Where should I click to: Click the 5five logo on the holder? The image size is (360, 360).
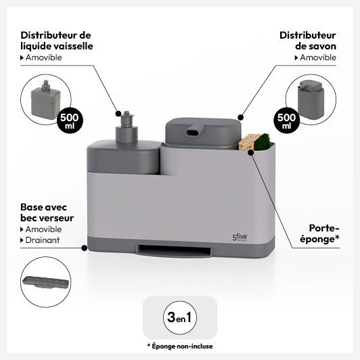pyautogui.click(x=240, y=238)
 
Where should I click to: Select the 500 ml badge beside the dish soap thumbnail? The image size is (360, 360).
pyautogui.click(x=70, y=120)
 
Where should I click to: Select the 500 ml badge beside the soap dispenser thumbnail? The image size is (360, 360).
pyautogui.click(x=286, y=120)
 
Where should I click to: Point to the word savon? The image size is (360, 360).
pyautogui.click(x=323, y=46)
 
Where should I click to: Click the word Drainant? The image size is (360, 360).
pyautogui.click(x=43, y=240)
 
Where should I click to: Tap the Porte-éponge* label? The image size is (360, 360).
pyautogui.click(x=319, y=233)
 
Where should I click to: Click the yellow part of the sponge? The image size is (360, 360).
pyautogui.click(x=246, y=142)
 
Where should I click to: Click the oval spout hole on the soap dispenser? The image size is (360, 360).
pyautogui.click(x=193, y=133)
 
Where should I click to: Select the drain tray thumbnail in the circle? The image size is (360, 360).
pyautogui.click(x=45, y=282)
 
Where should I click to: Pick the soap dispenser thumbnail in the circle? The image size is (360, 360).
pyautogui.click(x=311, y=99)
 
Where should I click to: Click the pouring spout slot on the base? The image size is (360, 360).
pyautogui.click(x=173, y=249)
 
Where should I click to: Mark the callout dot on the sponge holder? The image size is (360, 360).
pyautogui.click(x=250, y=152)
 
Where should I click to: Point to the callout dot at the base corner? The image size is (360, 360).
pyautogui.click(x=85, y=248)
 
